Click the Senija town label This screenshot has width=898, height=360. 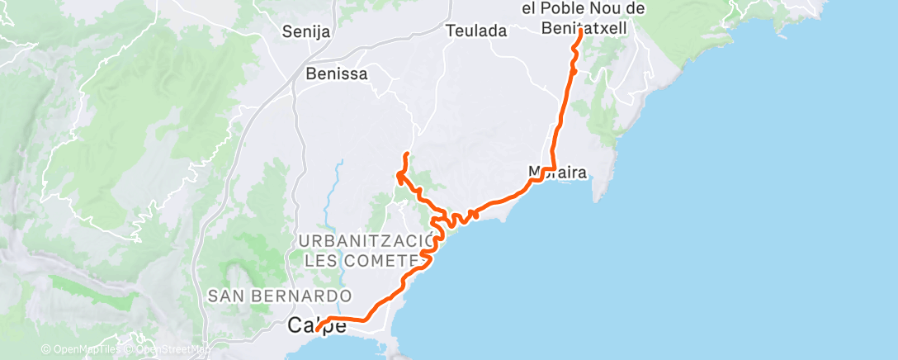[306, 33]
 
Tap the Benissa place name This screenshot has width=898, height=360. [336, 73]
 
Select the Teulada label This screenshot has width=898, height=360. [475, 31]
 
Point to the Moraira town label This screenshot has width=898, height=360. [558, 173]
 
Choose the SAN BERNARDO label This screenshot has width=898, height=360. [280, 295]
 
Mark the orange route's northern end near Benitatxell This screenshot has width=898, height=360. [580, 31]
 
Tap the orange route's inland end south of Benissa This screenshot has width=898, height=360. [405, 154]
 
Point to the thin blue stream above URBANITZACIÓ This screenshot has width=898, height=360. [338, 182]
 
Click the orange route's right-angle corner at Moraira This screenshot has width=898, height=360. [551, 168]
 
